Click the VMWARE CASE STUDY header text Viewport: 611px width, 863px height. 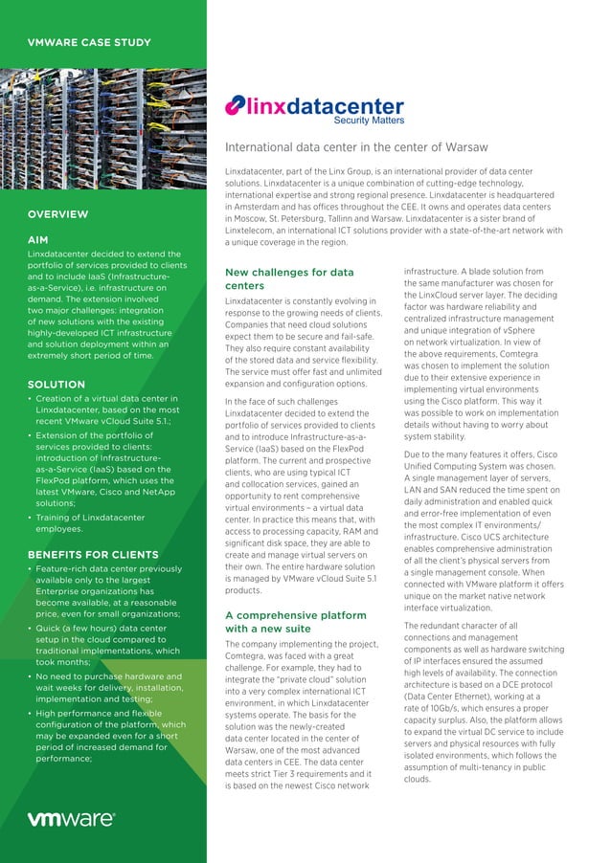(88, 42)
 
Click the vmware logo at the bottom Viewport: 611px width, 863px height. (71, 819)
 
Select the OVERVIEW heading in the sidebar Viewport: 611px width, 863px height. (57, 214)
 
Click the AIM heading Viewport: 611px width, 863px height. (38, 238)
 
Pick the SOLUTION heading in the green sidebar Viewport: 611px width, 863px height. (57, 385)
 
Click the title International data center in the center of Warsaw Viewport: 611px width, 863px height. (356, 147)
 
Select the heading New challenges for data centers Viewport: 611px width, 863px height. (288, 279)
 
